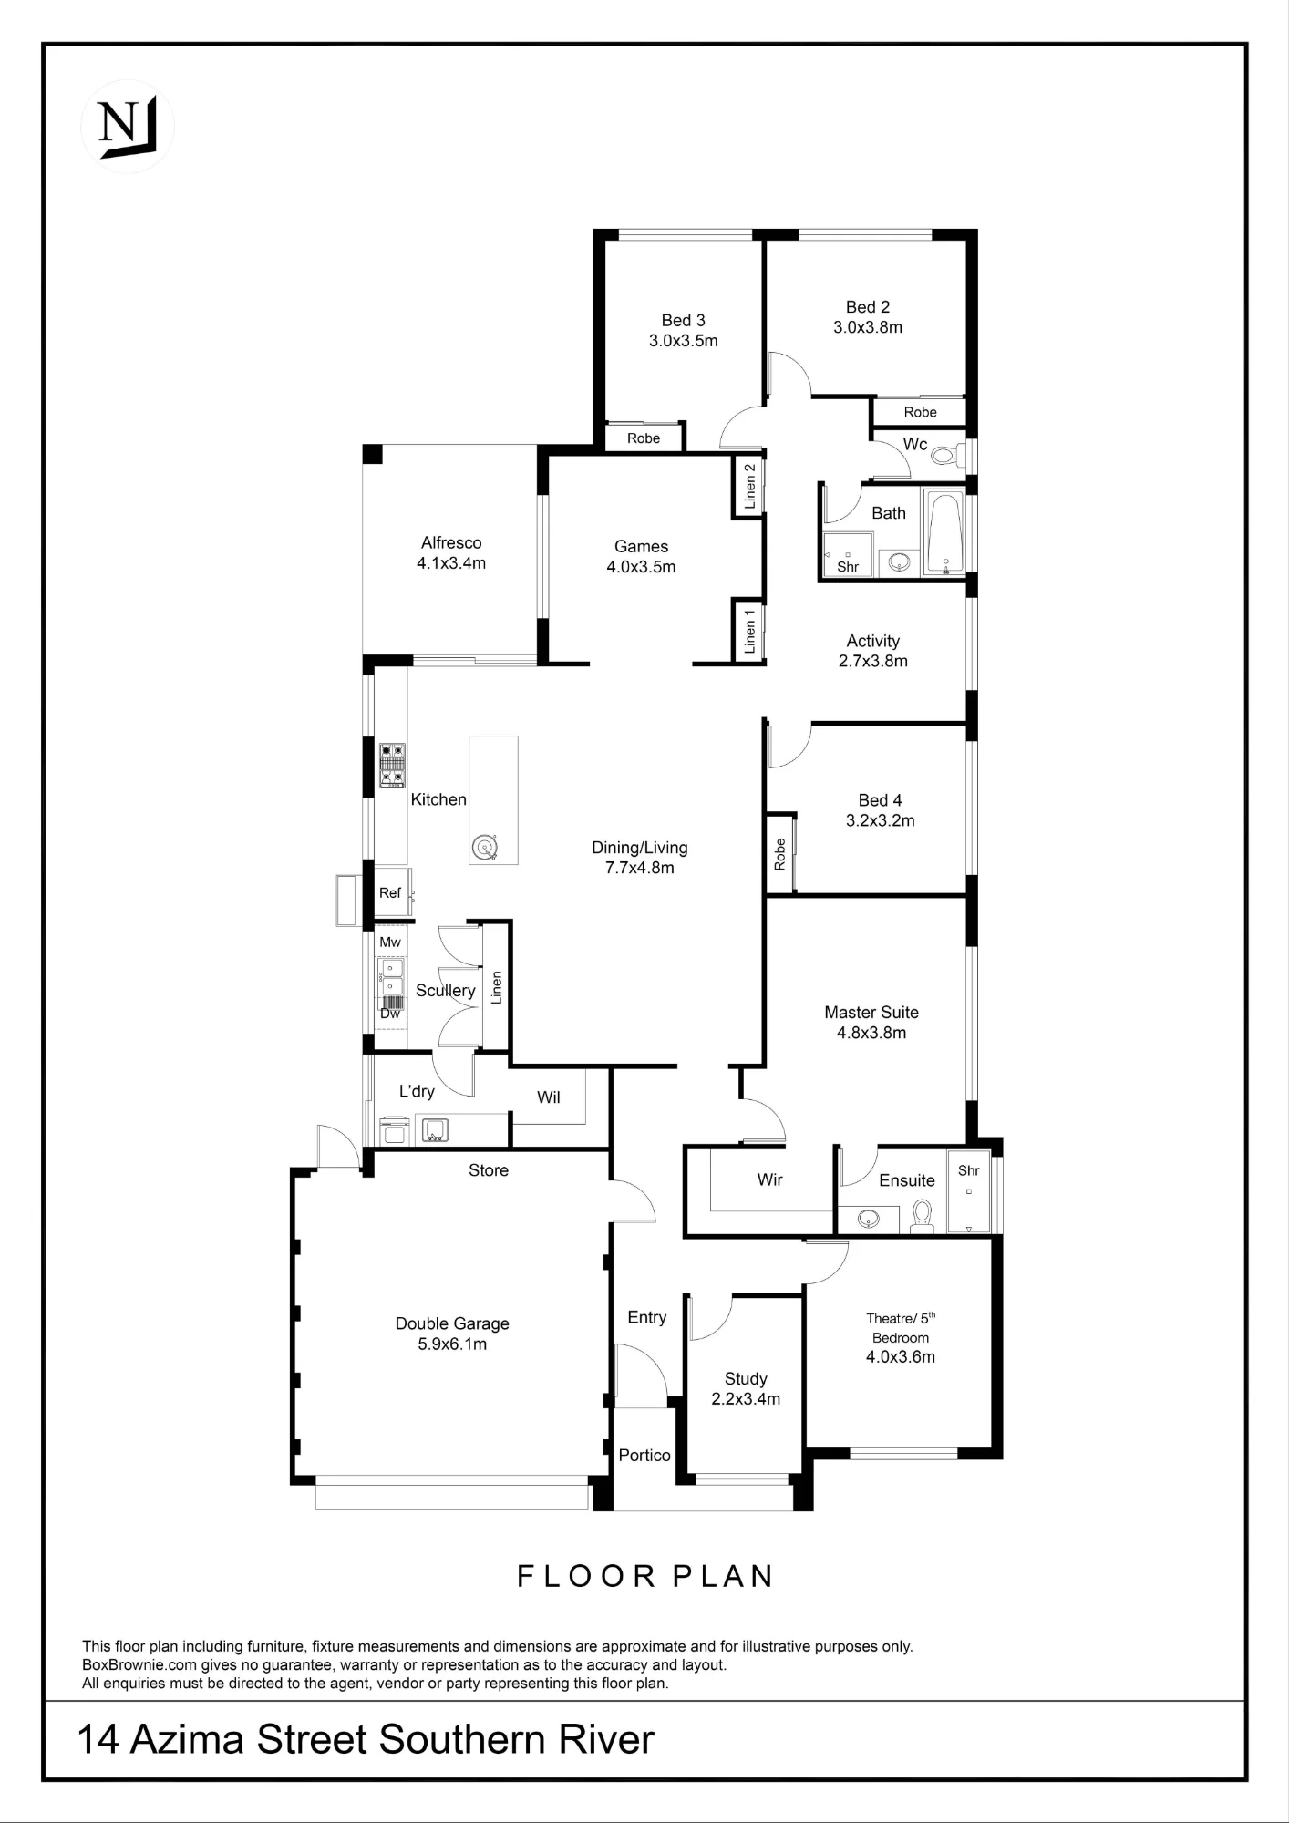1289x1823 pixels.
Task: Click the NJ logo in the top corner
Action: [128, 126]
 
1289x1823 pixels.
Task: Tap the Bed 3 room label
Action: [683, 320]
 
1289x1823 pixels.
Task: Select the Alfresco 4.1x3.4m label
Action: [451, 552]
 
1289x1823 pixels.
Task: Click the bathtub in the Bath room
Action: [944, 533]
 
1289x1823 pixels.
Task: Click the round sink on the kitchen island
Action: [484, 848]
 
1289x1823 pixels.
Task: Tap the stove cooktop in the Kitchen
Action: [392, 765]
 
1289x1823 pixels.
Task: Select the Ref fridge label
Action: [390, 892]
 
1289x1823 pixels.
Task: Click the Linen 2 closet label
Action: [750, 486]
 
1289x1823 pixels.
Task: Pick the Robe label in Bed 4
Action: [779, 854]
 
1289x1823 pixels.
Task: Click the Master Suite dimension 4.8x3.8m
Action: [871, 1033]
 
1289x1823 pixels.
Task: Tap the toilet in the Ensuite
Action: [923, 1216]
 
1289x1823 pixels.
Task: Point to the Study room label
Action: [746, 1378]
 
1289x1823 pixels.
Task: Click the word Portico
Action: [644, 1455]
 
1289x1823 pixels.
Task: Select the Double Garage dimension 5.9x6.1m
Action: [452, 1344]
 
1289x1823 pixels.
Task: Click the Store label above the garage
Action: [489, 1170]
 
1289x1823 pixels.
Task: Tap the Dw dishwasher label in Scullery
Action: [390, 1014]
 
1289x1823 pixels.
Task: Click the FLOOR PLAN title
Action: [645, 1577]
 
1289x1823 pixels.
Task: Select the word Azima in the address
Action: [187, 1739]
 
